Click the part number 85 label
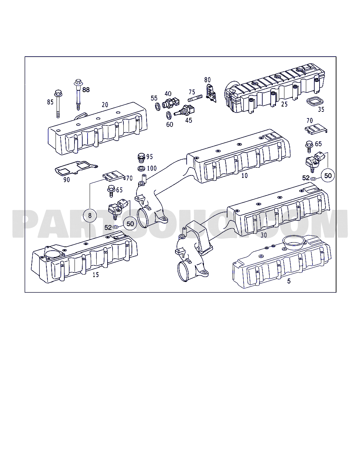(x=50, y=102)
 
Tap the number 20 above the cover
(x=105, y=105)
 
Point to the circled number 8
(x=90, y=215)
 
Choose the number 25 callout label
(x=284, y=104)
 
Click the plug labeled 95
(x=141, y=157)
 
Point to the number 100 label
(x=152, y=168)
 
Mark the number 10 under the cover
(x=244, y=176)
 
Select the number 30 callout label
(x=264, y=235)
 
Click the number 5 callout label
(x=289, y=281)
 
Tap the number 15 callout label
(x=96, y=275)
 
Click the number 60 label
(x=170, y=124)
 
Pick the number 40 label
(x=168, y=94)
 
